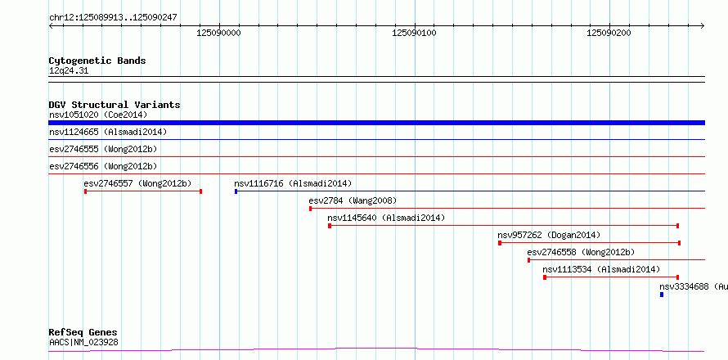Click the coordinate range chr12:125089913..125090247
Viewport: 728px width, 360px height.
click(113, 18)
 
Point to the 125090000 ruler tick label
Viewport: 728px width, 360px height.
click(218, 33)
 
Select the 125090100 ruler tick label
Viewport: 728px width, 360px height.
click(414, 33)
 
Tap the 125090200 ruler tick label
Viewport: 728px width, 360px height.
click(609, 33)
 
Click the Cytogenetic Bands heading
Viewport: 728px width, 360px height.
click(97, 61)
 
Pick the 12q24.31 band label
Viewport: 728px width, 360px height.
click(69, 71)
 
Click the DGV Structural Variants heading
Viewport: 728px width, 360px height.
click(115, 105)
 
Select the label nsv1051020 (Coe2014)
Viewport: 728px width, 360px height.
click(98, 115)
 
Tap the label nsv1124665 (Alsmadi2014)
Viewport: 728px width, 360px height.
click(108, 132)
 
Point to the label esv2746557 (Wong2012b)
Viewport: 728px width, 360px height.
click(138, 183)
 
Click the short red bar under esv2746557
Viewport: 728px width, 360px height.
click(143, 191)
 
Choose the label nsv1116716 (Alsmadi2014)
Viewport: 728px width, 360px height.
click(293, 183)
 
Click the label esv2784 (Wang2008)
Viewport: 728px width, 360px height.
click(353, 200)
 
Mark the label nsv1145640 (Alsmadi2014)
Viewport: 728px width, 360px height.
click(386, 218)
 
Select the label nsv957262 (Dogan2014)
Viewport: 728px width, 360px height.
click(549, 235)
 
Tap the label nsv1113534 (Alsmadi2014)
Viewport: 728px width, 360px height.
click(601, 269)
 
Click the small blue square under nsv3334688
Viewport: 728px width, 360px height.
click(662, 295)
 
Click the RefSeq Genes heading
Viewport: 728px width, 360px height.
click(83, 333)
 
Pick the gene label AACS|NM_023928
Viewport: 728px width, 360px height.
click(83, 343)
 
